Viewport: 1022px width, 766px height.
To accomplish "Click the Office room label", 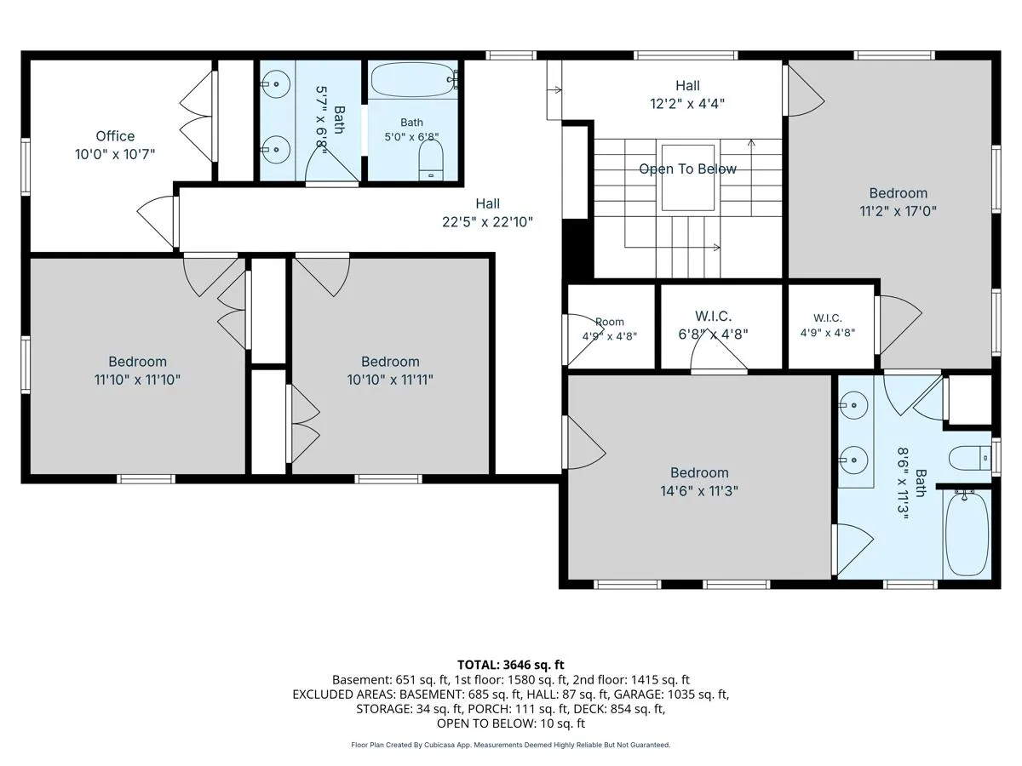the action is coord(115,136).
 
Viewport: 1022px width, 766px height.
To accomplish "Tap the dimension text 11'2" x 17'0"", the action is coord(898,212).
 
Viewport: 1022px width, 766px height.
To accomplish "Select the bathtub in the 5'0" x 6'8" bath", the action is coord(413,80).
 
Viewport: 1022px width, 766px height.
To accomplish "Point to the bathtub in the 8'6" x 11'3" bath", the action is coord(967,534).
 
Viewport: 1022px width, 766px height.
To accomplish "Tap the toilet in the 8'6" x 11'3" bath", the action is coord(970,458).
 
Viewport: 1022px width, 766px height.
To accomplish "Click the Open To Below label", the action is coord(687,169).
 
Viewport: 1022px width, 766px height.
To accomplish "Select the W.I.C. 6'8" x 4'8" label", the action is coord(713,325).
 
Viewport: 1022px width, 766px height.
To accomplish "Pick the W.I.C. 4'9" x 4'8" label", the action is coord(827,325).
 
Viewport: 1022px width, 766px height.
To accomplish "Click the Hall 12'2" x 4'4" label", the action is coord(687,94).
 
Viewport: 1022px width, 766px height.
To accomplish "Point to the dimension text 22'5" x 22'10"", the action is coord(487,222).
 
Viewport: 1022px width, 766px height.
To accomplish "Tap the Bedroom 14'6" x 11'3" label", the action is coord(699,482).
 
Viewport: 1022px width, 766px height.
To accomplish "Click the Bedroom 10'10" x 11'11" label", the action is coord(390,370).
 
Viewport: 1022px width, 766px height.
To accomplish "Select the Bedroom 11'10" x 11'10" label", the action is coord(137,370).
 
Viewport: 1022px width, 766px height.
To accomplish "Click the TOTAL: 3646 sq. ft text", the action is coord(510,665).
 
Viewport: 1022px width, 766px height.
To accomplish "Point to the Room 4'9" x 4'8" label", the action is coord(609,329).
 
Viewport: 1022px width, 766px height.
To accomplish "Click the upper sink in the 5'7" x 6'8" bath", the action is coord(276,84).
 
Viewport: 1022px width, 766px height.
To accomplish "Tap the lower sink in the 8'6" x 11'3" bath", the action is coord(853,460).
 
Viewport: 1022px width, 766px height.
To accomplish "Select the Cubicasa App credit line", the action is coord(510,745).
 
